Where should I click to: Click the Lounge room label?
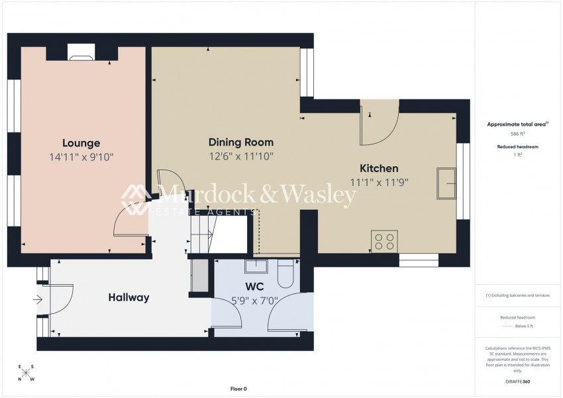tap(81, 143)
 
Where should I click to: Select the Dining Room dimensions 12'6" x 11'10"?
tap(241, 157)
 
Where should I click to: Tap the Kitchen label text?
tap(379, 168)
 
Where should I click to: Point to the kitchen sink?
tap(446, 183)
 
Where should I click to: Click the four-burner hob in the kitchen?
tap(384, 241)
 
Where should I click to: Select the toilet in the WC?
tap(286, 274)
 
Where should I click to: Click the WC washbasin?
tap(255, 267)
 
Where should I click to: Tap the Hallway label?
tap(128, 298)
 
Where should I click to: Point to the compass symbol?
tap(26, 373)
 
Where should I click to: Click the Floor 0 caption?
tap(238, 389)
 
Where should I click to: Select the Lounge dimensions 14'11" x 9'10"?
tap(81, 157)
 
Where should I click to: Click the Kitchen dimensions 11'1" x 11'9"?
tap(379, 182)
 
